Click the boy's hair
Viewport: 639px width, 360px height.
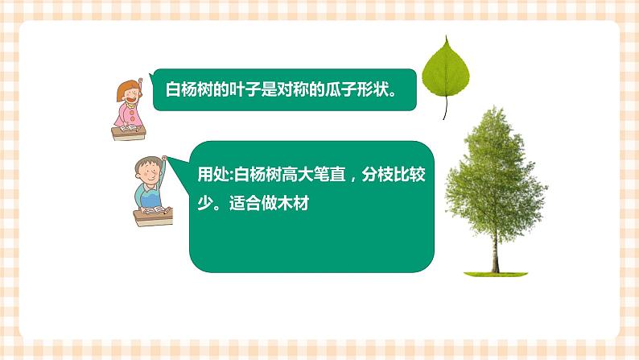146,163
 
